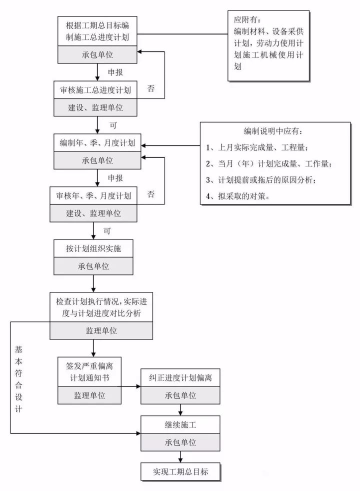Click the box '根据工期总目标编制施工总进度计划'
click(x=97, y=30)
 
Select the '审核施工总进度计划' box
click(x=95, y=90)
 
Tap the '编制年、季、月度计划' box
click(x=97, y=143)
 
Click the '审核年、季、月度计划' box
click(x=94, y=196)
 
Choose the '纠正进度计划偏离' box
click(x=180, y=377)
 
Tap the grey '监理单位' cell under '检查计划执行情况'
click(x=101, y=330)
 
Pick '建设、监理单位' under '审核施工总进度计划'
click(x=95, y=107)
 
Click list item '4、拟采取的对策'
click(x=237, y=196)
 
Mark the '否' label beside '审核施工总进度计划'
click(x=150, y=88)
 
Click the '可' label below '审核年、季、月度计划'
click(x=106, y=231)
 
